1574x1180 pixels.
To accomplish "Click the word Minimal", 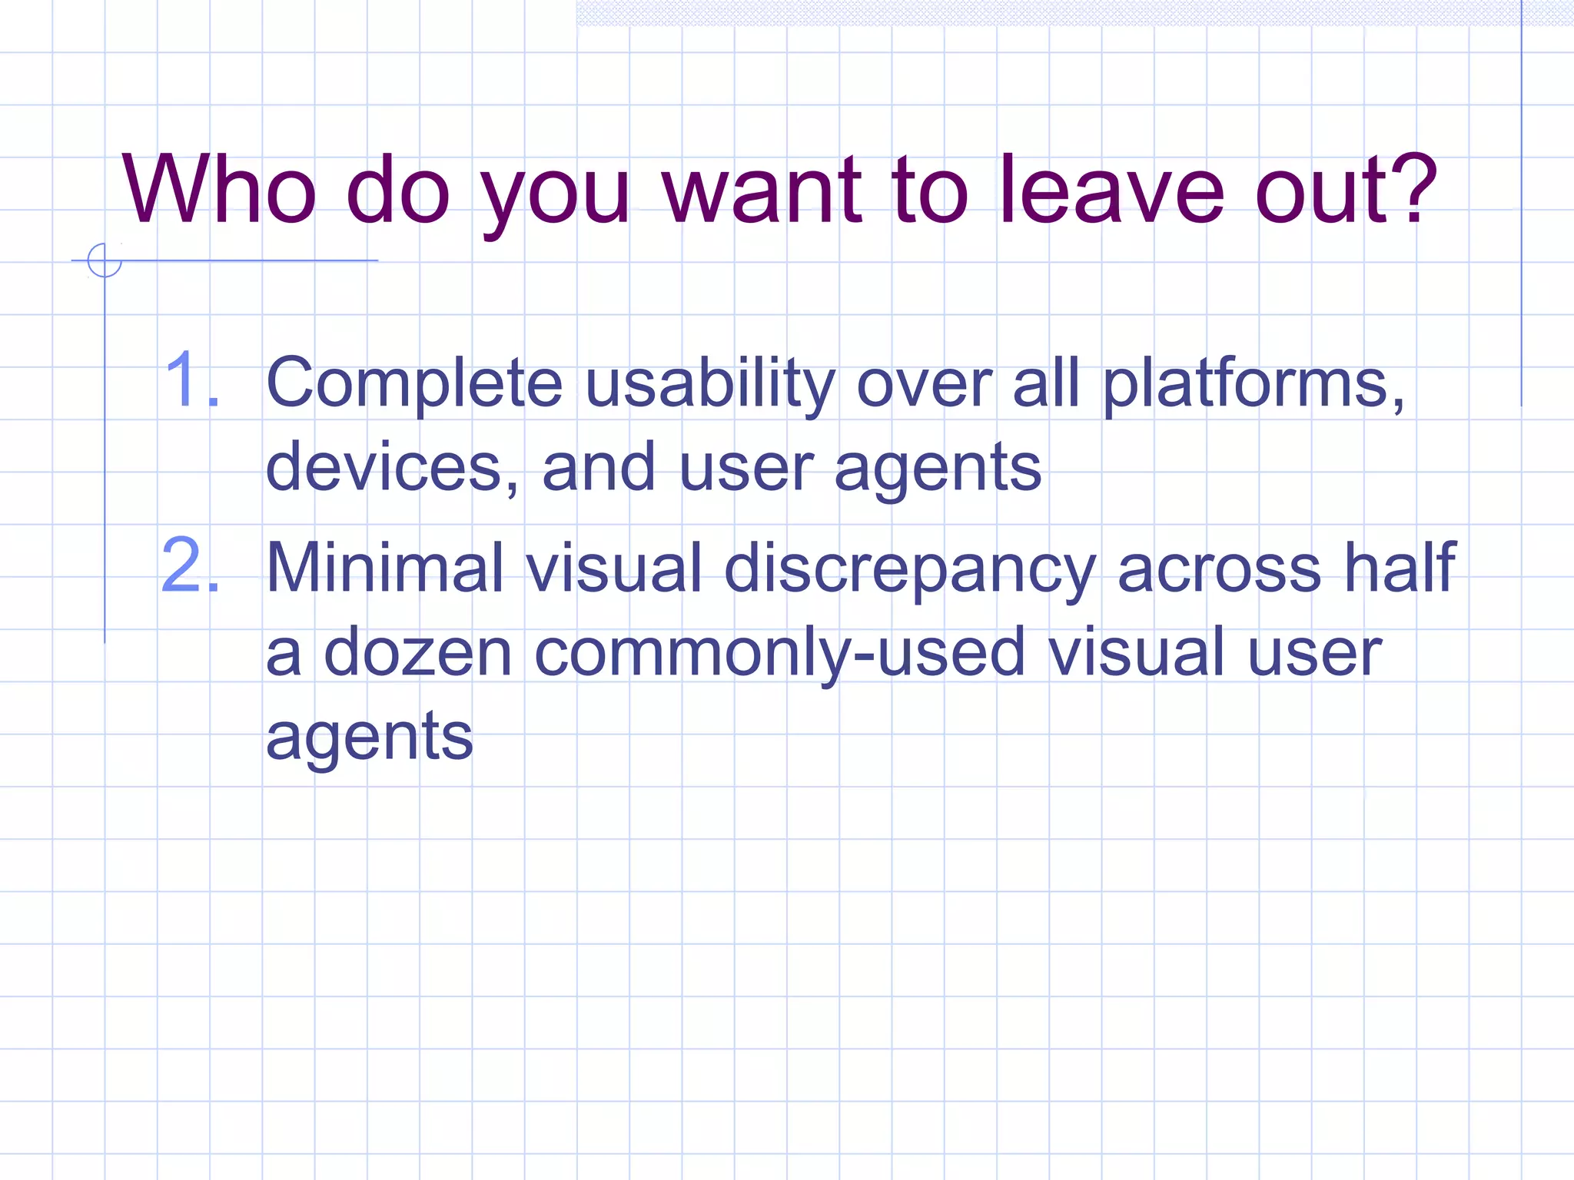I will pos(385,568).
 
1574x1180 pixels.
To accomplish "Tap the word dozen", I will pos(418,653).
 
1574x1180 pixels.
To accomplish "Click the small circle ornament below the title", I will pos(105,260).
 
